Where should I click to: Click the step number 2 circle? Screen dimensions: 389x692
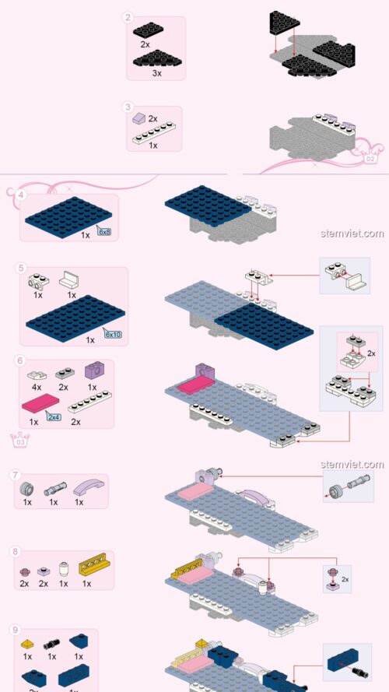pos(128,18)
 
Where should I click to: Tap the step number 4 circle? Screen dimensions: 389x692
pos(21,195)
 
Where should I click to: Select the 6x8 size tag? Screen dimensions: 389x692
pos(104,231)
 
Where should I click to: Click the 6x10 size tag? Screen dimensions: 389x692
pos(113,334)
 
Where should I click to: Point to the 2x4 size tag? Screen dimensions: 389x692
pos(54,416)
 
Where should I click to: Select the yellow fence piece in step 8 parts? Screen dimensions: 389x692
pos(94,564)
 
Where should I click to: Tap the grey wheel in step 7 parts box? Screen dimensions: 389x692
pos(27,488)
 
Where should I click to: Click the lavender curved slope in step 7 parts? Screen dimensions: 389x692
pos(89,487)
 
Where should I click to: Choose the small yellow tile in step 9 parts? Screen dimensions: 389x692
pos(27,644)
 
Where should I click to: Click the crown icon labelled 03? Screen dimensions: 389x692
pos(20,440)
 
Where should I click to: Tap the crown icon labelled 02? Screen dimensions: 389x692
pos(370,157)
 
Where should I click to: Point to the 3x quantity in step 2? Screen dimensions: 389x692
pos(157,74)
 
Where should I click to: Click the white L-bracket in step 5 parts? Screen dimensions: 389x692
pos(69,279)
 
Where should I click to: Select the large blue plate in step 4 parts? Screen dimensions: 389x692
pos(68,217)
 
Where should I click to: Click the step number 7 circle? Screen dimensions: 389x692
pos(16,475)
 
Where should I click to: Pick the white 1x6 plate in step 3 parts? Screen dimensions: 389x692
pos(154,133)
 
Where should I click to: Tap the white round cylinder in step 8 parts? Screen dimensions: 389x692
pos(64,570)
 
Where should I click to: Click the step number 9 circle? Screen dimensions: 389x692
pos(16,630)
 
